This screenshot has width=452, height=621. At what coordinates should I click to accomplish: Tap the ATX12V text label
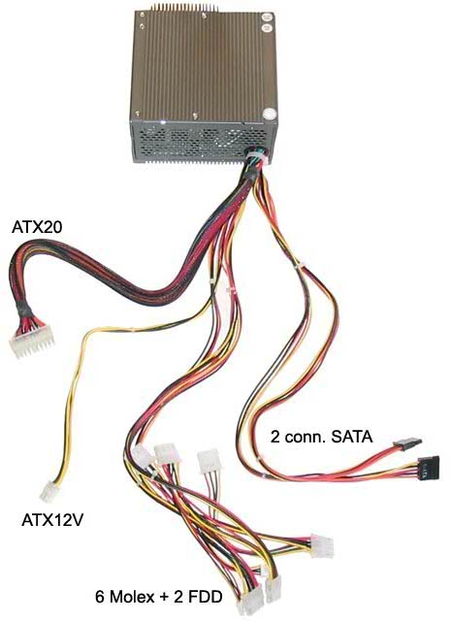pos(52,520)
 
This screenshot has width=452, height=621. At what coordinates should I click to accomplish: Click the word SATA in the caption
pos(352,437)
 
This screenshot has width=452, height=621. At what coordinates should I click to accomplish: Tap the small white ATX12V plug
pos(48,491)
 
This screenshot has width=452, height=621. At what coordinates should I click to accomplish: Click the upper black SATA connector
pos(407,442)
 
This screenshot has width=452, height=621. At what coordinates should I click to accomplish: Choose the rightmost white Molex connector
pos(322,546)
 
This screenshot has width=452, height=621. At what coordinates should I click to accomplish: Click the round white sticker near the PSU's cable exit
pos(269,114)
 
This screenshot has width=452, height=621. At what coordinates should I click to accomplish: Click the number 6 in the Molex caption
pos(101,597)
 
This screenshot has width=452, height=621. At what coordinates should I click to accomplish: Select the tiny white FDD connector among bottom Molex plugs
pos(264,571)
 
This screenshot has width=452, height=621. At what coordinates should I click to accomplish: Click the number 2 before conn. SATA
pos(275,437)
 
